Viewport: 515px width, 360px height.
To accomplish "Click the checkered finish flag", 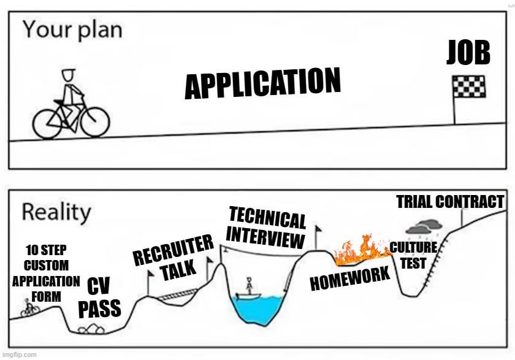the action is tap(468, 86).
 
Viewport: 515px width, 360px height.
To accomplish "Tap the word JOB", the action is tap(468, 52).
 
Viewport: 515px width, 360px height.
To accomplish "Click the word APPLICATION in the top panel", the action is tap(263, 83).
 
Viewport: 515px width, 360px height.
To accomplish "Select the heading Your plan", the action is tap(72, 29).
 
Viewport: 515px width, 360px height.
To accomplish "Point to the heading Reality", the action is tap(56, 213).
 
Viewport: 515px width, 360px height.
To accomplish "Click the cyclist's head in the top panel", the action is tap(69, 75).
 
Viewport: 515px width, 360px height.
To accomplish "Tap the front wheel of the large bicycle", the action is tap(95, 123).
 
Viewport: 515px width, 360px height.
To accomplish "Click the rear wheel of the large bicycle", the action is tap(47, 124).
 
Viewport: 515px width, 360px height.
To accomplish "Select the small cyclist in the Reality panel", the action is tap(30, 308).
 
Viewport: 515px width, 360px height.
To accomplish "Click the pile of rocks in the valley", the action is tap(91, 329).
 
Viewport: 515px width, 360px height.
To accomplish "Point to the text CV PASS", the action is tap(99, 297).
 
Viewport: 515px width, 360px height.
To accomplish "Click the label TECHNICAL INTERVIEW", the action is tap(267, 228).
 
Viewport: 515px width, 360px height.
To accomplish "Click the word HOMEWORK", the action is tap(350, 279).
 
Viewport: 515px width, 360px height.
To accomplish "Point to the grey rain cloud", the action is tap(424, 226).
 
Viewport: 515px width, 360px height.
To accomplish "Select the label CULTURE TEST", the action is tap(413, 255).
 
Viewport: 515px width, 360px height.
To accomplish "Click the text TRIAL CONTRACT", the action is tap(450, 202).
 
